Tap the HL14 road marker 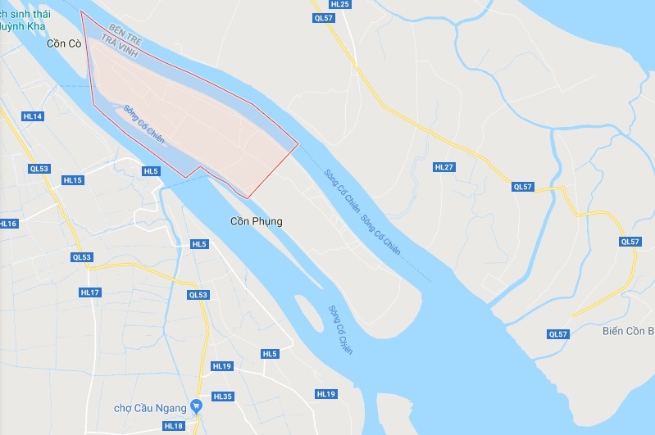pos(33,116)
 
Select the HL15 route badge pos(72,180)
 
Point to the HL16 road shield pos(7,224)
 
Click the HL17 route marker pos(90,292)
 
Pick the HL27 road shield pos(443,167)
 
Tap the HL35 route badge pos(223,396)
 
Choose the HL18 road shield pos(173,426)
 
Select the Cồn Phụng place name pos(256,221)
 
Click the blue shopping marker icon pos(196,406)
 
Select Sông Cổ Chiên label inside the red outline pos(144,124)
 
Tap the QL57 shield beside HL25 pos(324,17)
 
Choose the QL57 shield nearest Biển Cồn pos(558,334)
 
